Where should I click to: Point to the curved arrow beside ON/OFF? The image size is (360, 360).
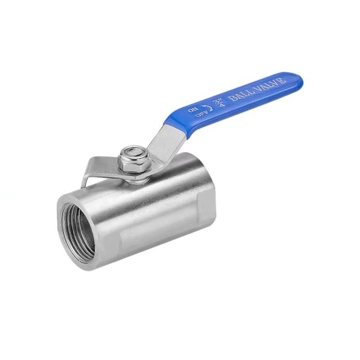[x=210, y=107]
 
